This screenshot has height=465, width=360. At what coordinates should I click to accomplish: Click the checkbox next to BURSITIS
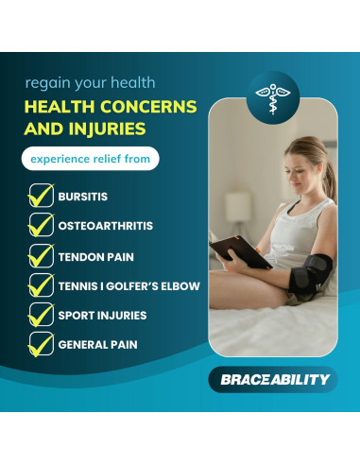40,198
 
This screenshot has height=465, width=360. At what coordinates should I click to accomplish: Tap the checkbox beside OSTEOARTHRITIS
40,227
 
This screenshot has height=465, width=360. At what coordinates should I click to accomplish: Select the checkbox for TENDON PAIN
40,256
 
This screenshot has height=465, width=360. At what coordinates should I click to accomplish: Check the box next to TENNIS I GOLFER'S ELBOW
40,285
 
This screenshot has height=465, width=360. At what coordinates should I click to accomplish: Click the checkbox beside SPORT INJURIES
40,315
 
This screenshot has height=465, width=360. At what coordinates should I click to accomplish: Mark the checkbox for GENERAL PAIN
40,344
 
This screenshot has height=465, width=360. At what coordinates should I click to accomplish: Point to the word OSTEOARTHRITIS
106,227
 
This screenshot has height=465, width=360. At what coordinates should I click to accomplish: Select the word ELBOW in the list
180,285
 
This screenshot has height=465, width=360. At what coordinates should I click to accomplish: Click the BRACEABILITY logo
270,379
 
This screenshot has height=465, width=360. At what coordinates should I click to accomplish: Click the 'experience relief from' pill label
91,158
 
